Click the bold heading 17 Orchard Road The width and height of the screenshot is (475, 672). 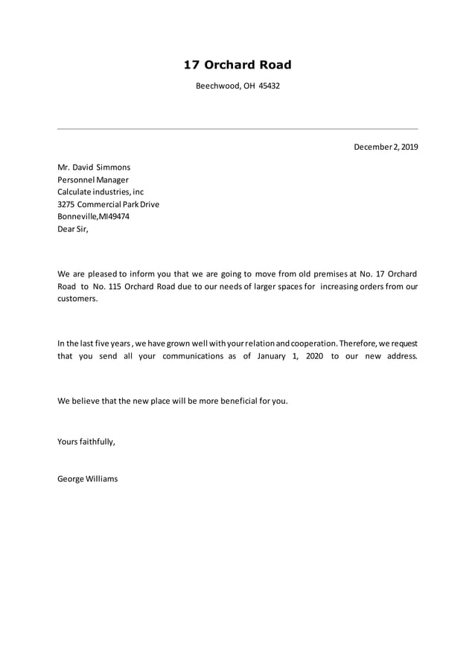[x=238, y=66]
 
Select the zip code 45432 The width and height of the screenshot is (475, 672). [x=270, y=86]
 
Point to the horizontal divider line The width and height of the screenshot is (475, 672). [x=238, y=129]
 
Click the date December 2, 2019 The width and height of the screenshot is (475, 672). [x=386, y=147]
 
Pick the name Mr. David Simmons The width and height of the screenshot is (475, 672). [x=94, y=168]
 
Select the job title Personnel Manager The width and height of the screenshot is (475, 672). [x=93, y=180]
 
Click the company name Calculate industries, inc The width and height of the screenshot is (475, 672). [x=101, y=192]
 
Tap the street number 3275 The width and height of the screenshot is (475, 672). [x=66, y=204]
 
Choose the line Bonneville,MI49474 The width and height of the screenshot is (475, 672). [x=93, y=216]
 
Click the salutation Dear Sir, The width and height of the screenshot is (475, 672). [x=72, y=229]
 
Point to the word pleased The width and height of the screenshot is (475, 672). [x=103, y=274]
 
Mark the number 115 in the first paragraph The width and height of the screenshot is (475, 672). [x=109, y=286]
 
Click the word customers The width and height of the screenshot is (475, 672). [x=77, y=298]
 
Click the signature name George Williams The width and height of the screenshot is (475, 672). [x=87, y=478]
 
